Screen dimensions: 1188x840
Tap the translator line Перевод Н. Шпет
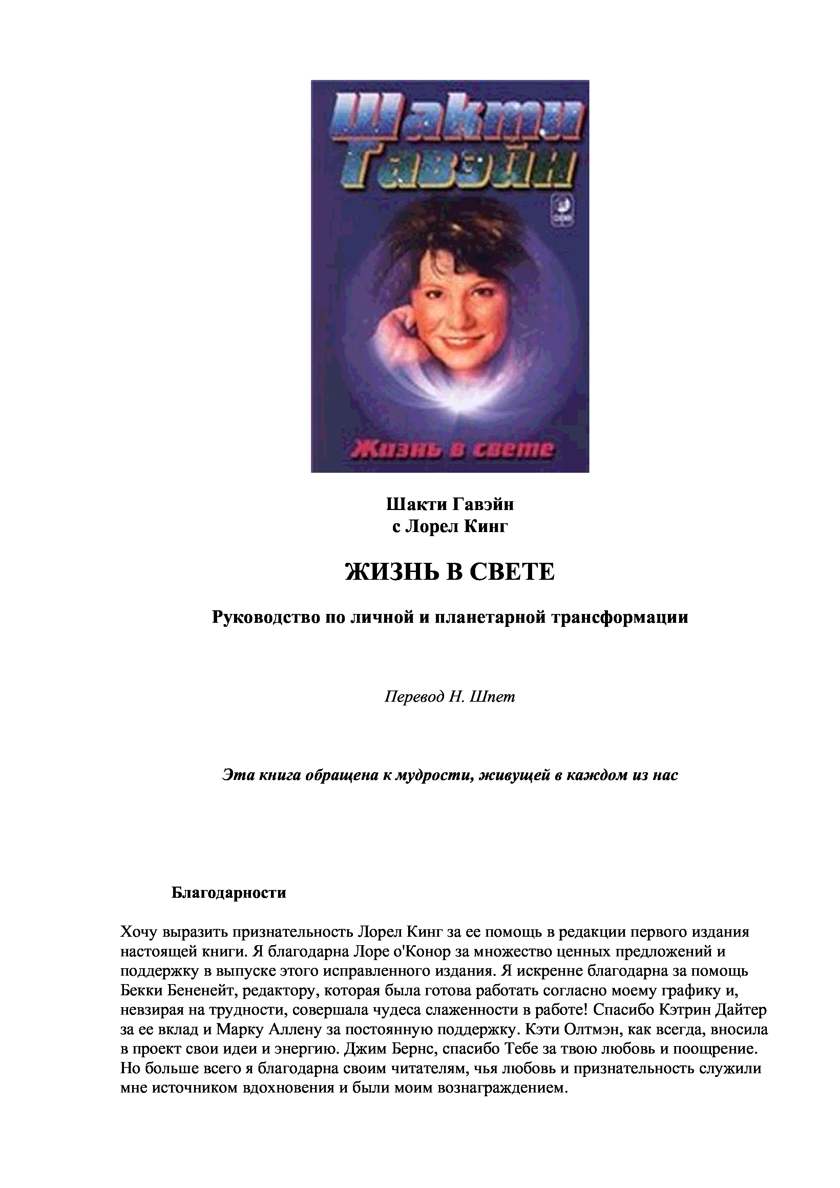(x=449, y=697)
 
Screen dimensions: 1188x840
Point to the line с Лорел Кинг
(x=449, y=526)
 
